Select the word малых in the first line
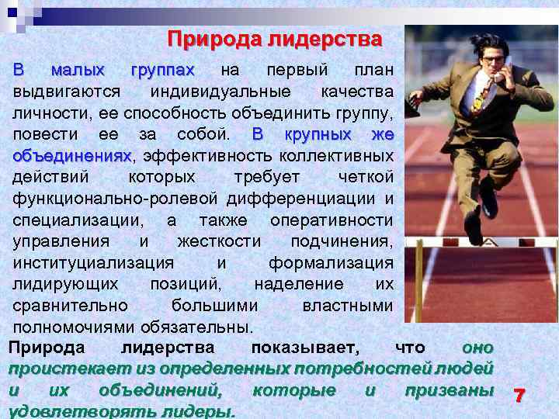(78, 71)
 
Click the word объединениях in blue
(72, 157)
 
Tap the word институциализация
(93, 262)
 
